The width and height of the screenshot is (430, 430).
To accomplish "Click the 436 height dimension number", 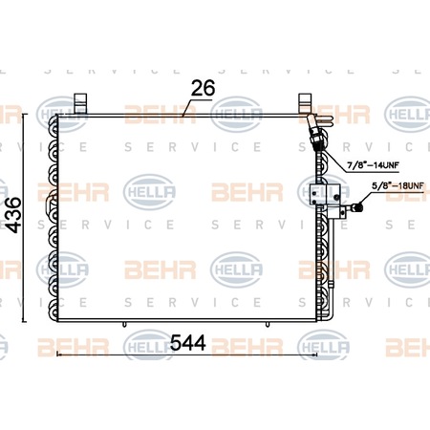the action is pyautogui.click(x=14, y=215).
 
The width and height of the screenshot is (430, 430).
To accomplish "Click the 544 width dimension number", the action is pyautogui.click(x=188, y=343).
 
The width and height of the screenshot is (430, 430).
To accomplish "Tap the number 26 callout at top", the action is pyautogui.click(x=203, y=88).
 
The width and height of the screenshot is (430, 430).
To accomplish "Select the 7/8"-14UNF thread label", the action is pyautogui.click(x=373, y=165).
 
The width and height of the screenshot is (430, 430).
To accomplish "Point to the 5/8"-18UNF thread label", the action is pyautogui.click(x=398, y=185).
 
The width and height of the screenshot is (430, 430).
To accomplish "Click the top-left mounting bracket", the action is pyautogui.click(x=80, y=103).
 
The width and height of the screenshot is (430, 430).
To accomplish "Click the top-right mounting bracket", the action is pyautogui.click(x=305, y=103).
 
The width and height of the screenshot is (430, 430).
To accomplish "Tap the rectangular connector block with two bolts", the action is pyautogui.click(x=325, y=195).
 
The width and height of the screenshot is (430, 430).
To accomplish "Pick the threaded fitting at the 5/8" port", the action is pyautogui.click(x=356, y=207).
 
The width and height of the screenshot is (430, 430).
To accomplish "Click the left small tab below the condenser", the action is pyautogui.click(x=124, y=324).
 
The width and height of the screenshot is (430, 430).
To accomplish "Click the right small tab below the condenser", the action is pyautogui.click(x=268, y=324).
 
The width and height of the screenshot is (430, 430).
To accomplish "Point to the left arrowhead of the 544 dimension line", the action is pyautogui.click(x=57, y=354).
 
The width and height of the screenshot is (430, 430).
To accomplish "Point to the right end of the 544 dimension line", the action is pyautogui.click(x=317, y=354).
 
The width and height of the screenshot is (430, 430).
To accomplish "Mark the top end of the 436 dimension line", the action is pyautogui.click(x=24, y=114).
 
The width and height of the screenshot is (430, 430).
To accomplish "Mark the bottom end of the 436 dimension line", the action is pyautogui.click(x=24, y=322).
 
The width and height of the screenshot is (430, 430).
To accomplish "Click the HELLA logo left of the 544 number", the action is pyautogui.click(x=149, y=346).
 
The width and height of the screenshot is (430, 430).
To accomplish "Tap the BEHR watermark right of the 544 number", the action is pyautogui.click(x=247, y=347).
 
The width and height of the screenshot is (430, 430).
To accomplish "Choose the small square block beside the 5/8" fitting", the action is pyautogui.click(x=343, y=212).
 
